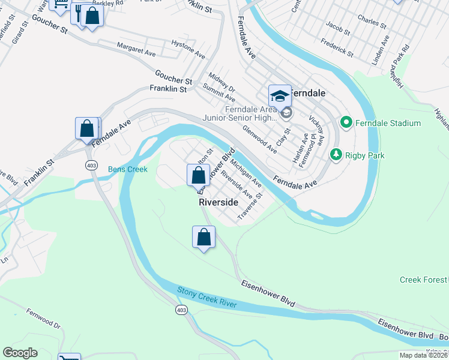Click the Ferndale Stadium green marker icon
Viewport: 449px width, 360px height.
[x=346, y=123]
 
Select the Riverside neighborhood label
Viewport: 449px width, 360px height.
[x=218, y=203]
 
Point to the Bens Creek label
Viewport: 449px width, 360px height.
[x=127, y=170]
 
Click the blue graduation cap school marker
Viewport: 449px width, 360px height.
[x=280, y=95]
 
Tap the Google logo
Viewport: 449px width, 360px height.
[x=20, y=353]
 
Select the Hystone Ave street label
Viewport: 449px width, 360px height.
[x=188, y=52]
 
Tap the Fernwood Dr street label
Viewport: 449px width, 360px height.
[x=44, y=319]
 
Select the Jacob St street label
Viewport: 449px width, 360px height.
[x=337, y=28]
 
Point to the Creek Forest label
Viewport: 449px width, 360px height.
[x=424, y=280]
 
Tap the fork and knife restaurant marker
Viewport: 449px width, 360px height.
[x=78, y=11]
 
